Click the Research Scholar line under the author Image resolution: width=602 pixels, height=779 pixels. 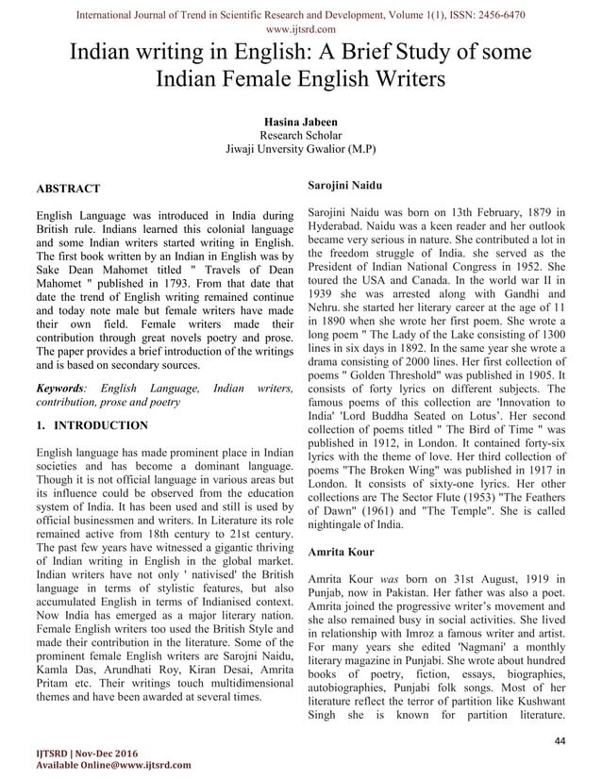301,134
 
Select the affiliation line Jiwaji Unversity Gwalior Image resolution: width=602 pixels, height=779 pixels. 301,149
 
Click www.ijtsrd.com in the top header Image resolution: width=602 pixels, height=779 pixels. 301,30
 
